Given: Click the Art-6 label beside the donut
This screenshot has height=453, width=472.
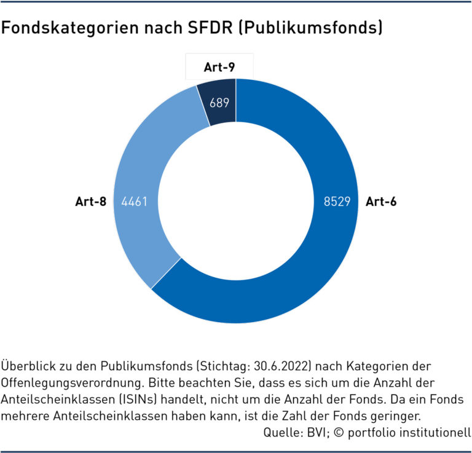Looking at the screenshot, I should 381,201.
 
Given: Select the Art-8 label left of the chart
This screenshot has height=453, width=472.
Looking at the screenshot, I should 91,201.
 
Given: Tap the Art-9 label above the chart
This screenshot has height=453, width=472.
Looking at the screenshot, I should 219,68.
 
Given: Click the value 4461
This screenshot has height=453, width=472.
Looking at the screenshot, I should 135,201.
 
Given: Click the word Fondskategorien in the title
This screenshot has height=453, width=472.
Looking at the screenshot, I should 60,28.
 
